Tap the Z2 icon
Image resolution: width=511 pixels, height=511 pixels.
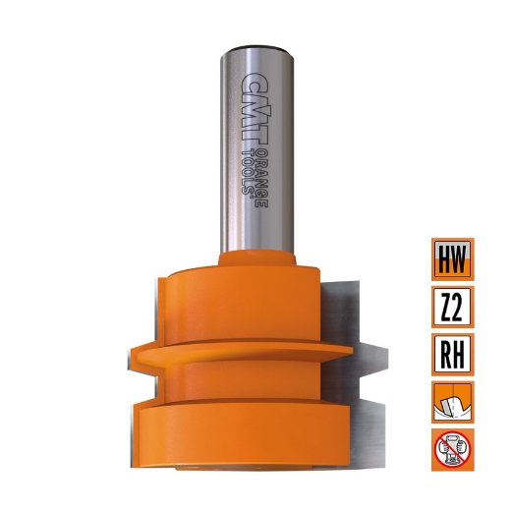point(452,307)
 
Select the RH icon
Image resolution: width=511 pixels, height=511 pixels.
point(452,354)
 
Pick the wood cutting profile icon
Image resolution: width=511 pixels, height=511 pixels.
point(452,401)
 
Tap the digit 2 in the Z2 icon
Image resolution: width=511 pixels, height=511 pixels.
point(459,307)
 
